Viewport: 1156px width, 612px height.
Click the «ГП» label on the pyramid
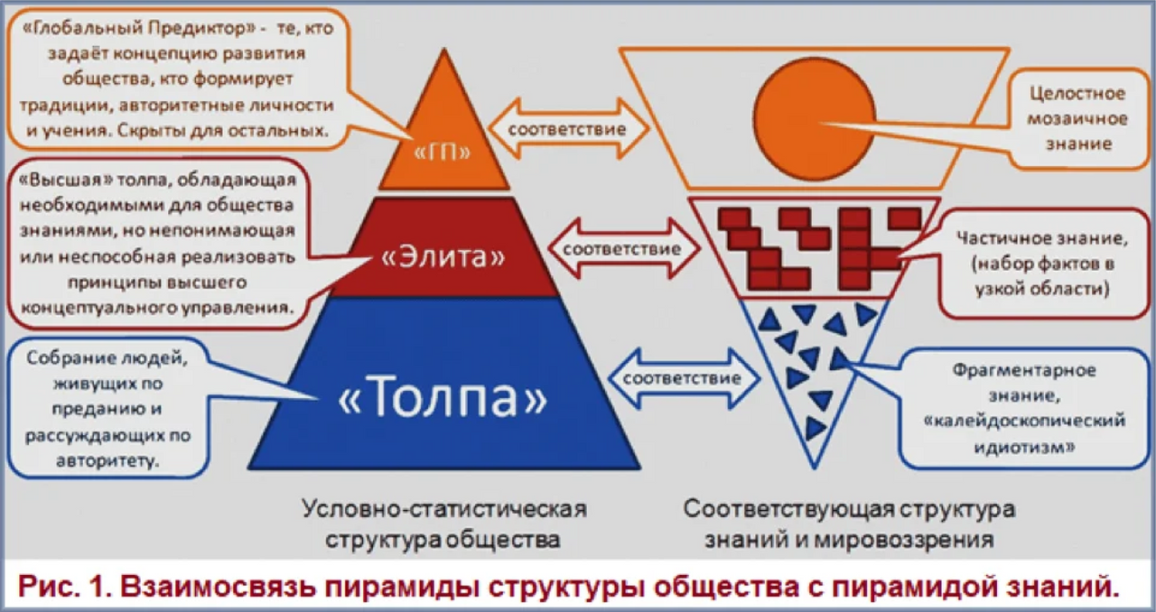click(x=443, y=153)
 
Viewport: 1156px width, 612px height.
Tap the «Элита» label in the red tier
click(x=443, y=256)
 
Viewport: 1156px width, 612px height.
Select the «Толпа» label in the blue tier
click(x=443, y=396)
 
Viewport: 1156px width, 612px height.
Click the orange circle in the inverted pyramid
click(x=815, y=119)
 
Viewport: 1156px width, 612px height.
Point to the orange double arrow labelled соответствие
click(x=568, y=128)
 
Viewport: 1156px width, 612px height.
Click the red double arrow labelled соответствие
click(x=623, y=248)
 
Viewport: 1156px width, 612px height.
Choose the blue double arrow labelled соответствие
click(x=683, y=378)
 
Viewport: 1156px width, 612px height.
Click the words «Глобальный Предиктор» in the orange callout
click(x=139, y=28)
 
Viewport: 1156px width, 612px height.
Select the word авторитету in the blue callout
click(x=107, y=460)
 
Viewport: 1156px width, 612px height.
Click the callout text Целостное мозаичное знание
click(x=1077, y=118)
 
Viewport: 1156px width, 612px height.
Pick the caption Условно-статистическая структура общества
click(x=443, y=524)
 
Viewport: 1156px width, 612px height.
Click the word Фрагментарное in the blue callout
click(x=1024, y=370)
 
